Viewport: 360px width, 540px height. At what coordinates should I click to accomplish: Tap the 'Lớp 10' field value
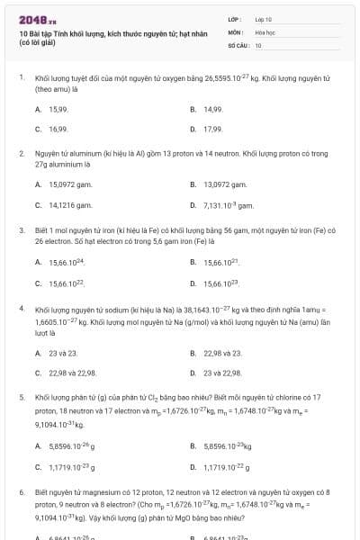(x=264, y=19)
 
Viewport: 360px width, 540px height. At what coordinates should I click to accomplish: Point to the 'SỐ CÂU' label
(x=237, y=44)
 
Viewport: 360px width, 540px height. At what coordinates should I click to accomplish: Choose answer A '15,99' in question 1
(x=58, y=109)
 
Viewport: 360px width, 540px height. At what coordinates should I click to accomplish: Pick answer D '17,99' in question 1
(x=212, y=129)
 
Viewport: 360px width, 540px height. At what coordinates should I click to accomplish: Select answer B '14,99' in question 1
(x=212, y=109)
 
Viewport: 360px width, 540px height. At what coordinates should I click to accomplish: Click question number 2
(x=21, y=154)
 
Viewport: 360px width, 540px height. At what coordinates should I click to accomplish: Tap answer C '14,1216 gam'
(x=69, y=204)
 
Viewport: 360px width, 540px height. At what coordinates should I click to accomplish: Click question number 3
(x=21, y=230)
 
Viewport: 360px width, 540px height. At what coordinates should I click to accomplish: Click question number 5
(x=21, y=397)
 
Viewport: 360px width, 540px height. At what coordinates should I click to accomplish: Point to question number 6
(x=21, y=493)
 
